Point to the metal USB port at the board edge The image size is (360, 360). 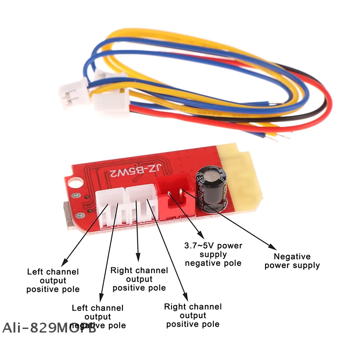pyautogui.click(x=67, y=215)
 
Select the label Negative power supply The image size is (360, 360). pyautogui.click(x=292, y=261)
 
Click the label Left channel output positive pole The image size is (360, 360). pyautogui.click(x=53, y=280)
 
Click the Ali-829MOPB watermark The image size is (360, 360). pyautogui.click(x=49, y=328)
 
